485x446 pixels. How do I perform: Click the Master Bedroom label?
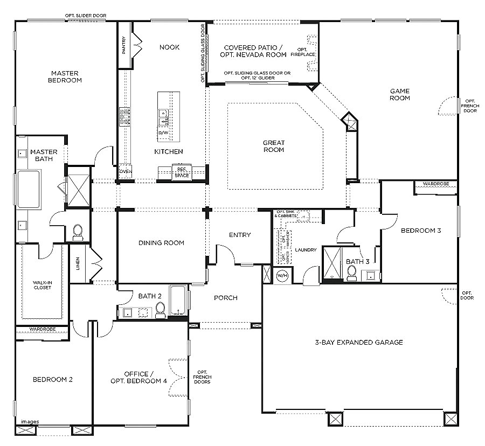click(65, 76)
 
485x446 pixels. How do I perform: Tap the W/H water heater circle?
click(282, 275)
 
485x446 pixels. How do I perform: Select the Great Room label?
click(273, 146)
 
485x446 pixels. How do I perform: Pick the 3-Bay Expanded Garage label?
click(358, 342)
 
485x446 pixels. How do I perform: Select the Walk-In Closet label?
click(42, 284)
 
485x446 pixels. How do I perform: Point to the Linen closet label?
click(78, 263)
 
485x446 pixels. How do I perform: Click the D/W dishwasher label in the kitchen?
click(163, 133)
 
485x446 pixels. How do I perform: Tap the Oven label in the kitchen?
click(125, 172)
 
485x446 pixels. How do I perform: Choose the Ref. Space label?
click(182, 172)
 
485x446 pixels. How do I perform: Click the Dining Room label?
click(161, 243)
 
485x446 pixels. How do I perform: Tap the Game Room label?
click(400, 94)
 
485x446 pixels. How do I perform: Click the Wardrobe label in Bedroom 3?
click(436, 184)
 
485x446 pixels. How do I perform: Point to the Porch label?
click(225, 298)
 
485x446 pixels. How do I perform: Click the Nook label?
click(169, 47)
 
